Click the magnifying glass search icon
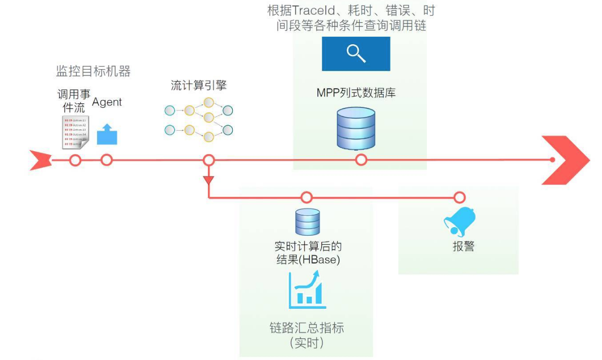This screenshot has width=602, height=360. pyautogui.click(x=356, y=53)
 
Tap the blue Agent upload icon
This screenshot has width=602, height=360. pyautogui.click(x=106, y=134)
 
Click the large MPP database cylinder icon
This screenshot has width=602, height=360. pyautogui.click(x=356, y=128)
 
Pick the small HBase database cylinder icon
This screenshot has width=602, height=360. pyautogui.click(x=307, y=222)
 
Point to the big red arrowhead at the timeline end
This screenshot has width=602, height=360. pyautogui.click(x=565, y=160)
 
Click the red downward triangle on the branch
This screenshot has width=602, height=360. pyautogui.click(x=209, y=180)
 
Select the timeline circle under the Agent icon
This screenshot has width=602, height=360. pyautogui.click(x=106, y=160)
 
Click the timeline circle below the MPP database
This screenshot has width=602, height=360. pyautogui.click(x=361, y=160)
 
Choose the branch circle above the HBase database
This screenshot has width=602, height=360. pyautogui.click(x=307, y=197)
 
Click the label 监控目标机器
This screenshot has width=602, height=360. pyautogui.click(x=93, y=72)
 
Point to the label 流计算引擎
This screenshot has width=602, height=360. pyautogui.click(x=199, y=86)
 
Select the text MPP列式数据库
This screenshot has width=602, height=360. pyautogui.click(x=356, y=93)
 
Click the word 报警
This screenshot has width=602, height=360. pyautogui.click(x=463, y=247)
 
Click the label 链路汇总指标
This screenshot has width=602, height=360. pyautogui.click(x=306, y=329)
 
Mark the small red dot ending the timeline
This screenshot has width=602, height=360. pyautogui.click(x=553, y=160)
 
